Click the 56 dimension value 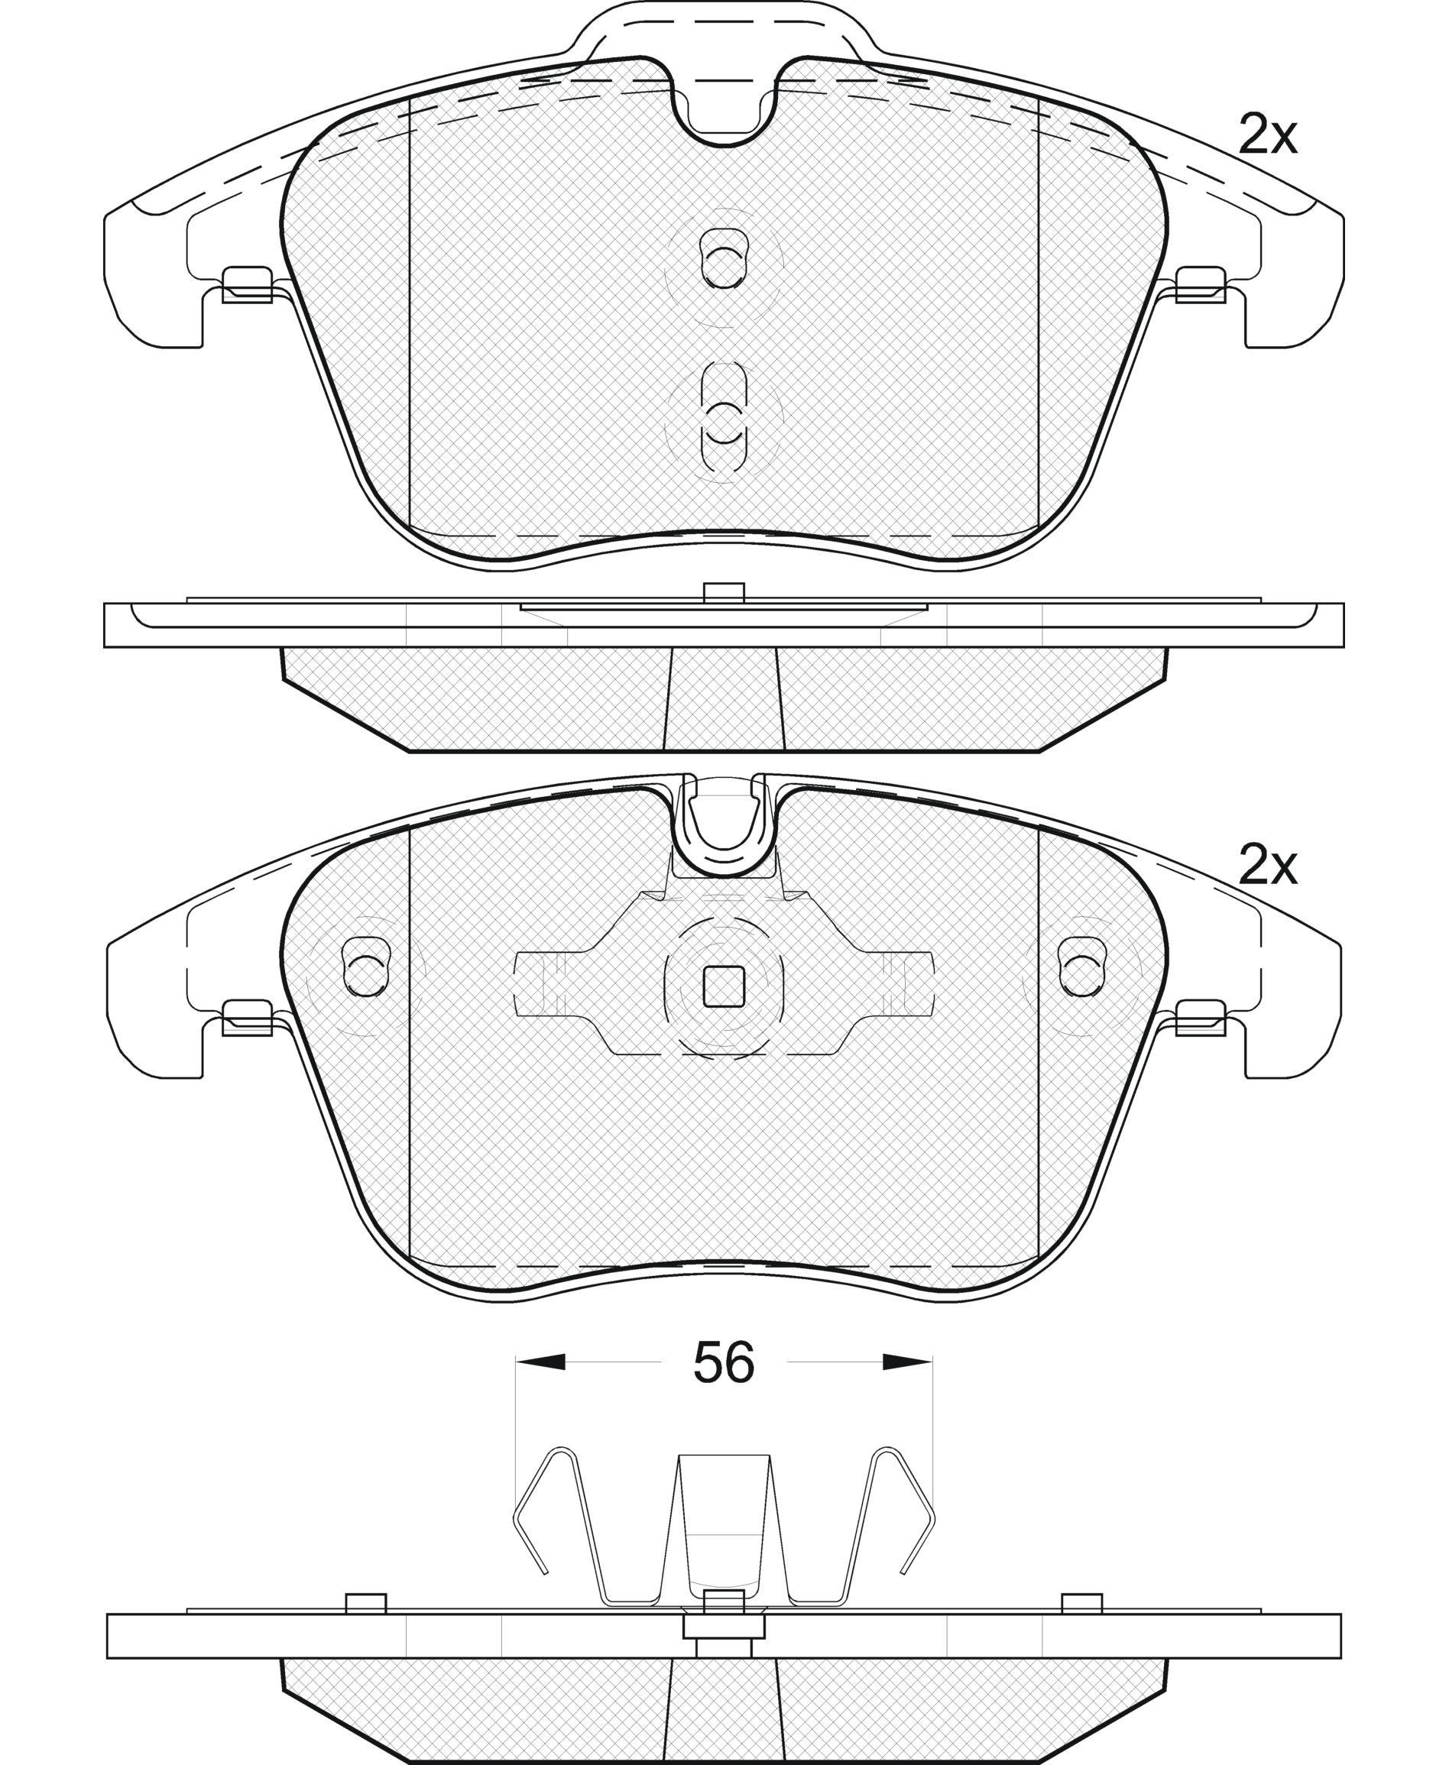[x=724, y=1362]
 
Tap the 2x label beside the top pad [x=1268, y=135]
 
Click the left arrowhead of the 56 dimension [x=540, y=1362]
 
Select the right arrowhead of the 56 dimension [x=907, y=1362]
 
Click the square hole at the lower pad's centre [x=724, y=987]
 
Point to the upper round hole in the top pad [x=724, y=259]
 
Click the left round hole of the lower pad [x=365, y=967]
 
